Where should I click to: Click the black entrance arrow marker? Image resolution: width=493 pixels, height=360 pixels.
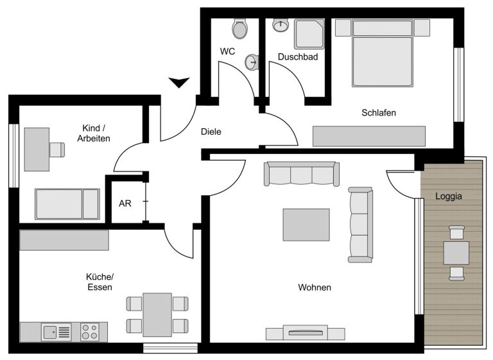coord(179,82)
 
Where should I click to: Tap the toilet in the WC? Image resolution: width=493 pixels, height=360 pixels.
coord(240,28)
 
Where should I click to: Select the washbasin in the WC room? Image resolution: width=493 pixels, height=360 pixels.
coord(252,62)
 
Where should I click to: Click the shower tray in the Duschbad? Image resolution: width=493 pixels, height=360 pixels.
coord(309,33)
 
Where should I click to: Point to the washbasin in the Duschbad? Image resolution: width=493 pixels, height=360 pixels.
coord(281,25)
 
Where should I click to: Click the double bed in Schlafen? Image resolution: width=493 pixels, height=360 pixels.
coord(383,53)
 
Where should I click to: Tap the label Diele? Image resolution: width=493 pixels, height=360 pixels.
coord(211,132)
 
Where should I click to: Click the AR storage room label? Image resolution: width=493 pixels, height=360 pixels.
coord(125,203)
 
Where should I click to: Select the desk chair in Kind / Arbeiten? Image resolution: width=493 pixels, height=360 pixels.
coord(57,150)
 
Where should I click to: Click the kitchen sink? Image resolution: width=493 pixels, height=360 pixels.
coord(56,332)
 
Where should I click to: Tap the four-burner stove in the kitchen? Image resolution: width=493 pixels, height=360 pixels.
coord(89,332)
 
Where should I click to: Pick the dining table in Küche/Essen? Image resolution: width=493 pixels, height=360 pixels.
coord(157,314)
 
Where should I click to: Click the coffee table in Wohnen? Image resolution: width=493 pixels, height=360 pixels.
coord(306,225)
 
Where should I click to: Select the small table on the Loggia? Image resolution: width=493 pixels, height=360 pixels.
coord(456,253)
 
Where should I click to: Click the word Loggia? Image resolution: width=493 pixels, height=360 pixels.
coord(449,196)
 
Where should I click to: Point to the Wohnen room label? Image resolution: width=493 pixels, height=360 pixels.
coord(315,287)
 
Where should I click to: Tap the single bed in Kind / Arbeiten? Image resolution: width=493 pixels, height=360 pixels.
coord(67,204)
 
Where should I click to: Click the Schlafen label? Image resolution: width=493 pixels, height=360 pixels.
coord(379,112)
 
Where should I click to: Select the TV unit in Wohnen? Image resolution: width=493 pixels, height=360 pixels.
coord(306,332)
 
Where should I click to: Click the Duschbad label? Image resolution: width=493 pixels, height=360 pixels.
coord(298,57)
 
